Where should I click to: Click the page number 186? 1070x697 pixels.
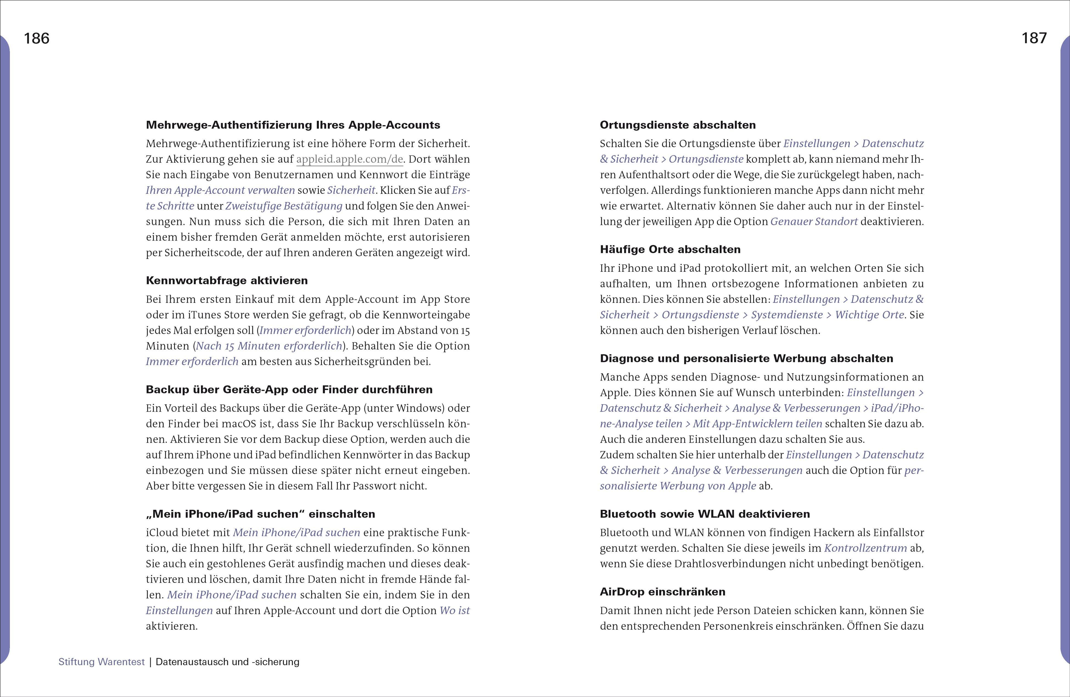pos(37,39)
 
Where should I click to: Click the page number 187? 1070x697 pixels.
pos(1034,38)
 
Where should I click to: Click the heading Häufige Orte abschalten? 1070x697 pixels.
pos(670,250)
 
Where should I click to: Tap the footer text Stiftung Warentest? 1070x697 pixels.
pos(102,662)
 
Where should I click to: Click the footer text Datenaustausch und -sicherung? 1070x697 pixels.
pos(228,662)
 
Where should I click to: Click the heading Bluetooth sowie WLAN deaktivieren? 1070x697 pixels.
pos(705,514)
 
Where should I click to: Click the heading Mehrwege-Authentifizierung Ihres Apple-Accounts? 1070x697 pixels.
pos(293,125)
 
